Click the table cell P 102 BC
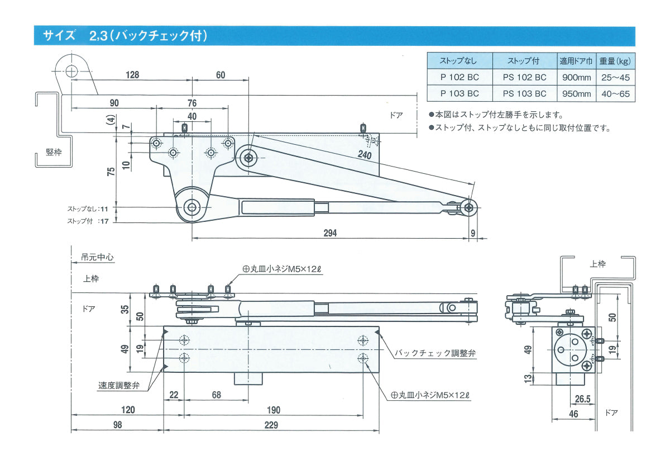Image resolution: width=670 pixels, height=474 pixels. (459, 77)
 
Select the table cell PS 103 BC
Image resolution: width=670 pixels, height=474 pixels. (524, 93)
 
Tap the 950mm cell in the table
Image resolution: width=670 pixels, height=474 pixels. (576, 93)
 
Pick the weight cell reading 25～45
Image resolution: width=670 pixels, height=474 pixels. (616, 77)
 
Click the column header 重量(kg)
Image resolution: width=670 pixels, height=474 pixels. (616, 60)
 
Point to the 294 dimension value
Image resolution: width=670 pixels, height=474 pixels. (330, 233)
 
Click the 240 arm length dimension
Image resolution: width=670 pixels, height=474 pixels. (365, 155)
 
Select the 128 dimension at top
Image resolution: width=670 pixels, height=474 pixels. (132, 74)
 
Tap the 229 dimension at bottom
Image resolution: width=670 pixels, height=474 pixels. (271, 425)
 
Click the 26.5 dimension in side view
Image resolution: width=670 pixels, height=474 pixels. (583, 400)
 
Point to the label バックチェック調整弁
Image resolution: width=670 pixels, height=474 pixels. (435, 353)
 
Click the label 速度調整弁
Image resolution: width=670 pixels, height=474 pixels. (118, 385)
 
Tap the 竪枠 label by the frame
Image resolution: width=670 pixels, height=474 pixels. (54, 153)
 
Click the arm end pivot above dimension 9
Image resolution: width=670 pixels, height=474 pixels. (468, 207)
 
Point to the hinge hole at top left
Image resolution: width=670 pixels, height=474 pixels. (71, 71)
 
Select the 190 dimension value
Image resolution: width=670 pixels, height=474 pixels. (274, 410)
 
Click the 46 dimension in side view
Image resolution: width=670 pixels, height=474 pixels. (573, 414)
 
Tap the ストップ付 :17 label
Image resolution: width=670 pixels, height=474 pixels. (88, 221)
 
